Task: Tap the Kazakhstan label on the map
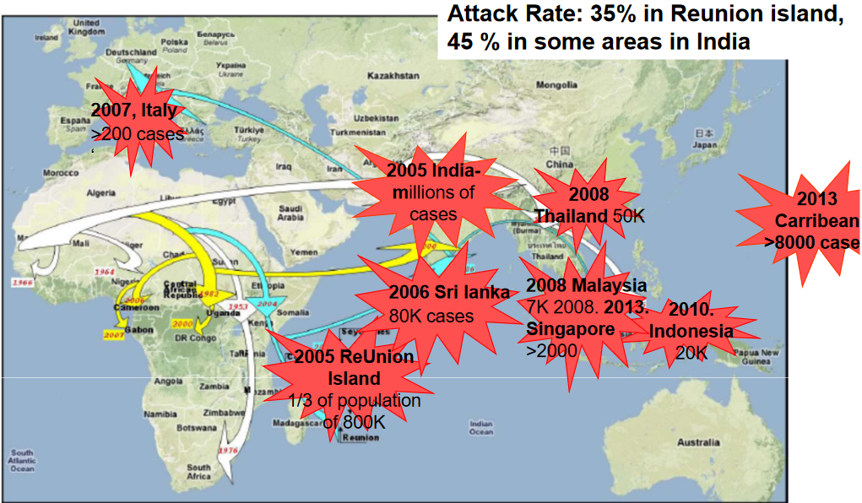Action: tap(393, 76)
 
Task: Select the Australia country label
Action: tap(697, 441)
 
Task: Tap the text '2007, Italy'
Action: tap(135, 111)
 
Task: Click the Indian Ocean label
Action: tap(480, 428)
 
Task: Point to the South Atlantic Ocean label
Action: tap(22, 460)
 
